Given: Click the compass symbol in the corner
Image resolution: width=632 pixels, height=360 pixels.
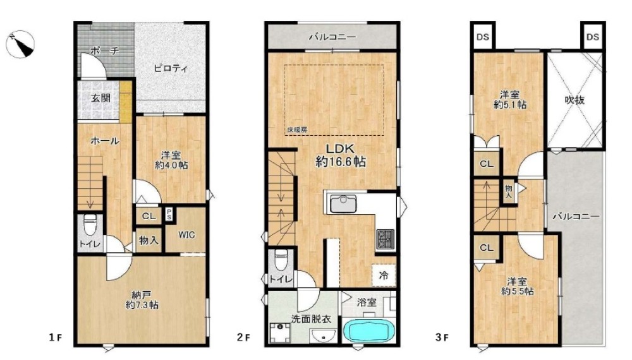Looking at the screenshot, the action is tap(20, 44).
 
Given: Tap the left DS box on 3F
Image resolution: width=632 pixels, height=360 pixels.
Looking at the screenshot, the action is tap(483, 37).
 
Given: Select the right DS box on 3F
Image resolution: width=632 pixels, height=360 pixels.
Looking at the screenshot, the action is tap(593, 37).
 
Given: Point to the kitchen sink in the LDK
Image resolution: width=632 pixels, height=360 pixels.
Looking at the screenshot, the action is tap(343, 204).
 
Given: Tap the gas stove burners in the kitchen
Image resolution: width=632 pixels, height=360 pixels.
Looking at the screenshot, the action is tap(386, 239).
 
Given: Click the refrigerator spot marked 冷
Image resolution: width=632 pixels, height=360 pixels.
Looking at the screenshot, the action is tap(384, 275).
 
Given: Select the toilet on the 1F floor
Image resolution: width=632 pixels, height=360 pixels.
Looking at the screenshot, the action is tap(90, 225).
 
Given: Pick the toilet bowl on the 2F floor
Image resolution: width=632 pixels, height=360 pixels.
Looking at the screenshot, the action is tap(281, 260).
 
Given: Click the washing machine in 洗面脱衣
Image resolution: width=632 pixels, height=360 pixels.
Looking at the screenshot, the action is tap(281, 333).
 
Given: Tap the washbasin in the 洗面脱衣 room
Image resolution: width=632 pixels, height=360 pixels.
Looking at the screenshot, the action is tap(324, 336).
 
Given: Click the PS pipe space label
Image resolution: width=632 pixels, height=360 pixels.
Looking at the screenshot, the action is tap(169, 214).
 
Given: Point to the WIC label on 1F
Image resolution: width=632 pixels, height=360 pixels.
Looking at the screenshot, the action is tap(186, 235).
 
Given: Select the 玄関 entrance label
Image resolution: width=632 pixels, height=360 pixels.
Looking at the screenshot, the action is tap(100, 97).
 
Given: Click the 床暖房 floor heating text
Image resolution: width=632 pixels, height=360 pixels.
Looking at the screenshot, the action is tap(297, 130).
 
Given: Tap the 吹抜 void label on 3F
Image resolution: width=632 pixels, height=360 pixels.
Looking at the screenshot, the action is tap(574, 99).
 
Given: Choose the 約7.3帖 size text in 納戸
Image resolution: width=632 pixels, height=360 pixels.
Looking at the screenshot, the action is tap(142, 305).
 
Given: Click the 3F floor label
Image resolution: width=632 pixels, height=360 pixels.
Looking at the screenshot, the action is tap(442, 337).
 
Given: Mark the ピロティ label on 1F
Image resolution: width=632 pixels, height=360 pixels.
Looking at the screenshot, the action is tap(171, 68).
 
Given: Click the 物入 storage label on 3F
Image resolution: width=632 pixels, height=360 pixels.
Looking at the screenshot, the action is tap(509, 191).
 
